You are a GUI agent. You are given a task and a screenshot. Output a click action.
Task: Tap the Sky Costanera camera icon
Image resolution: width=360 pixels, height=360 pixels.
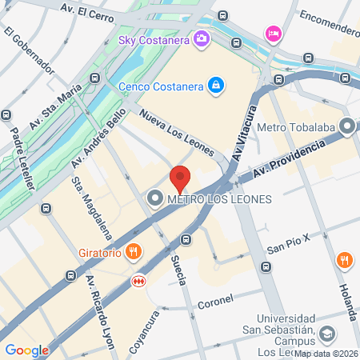tap(202, 38)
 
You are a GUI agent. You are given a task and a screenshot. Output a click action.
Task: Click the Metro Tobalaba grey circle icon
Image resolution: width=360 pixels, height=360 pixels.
tap(347, 126)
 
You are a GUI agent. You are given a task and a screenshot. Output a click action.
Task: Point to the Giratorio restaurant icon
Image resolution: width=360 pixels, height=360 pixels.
tap(134, 251)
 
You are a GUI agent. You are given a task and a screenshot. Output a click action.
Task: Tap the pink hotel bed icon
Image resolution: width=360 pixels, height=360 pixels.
tap(272, 32)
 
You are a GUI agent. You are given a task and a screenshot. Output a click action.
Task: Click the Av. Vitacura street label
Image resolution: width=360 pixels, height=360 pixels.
tap(246, 133)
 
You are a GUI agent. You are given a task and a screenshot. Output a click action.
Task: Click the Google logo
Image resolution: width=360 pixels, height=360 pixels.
tap(26, 350)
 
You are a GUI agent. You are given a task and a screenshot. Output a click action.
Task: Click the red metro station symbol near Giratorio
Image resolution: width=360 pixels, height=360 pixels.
tap(138, 281)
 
